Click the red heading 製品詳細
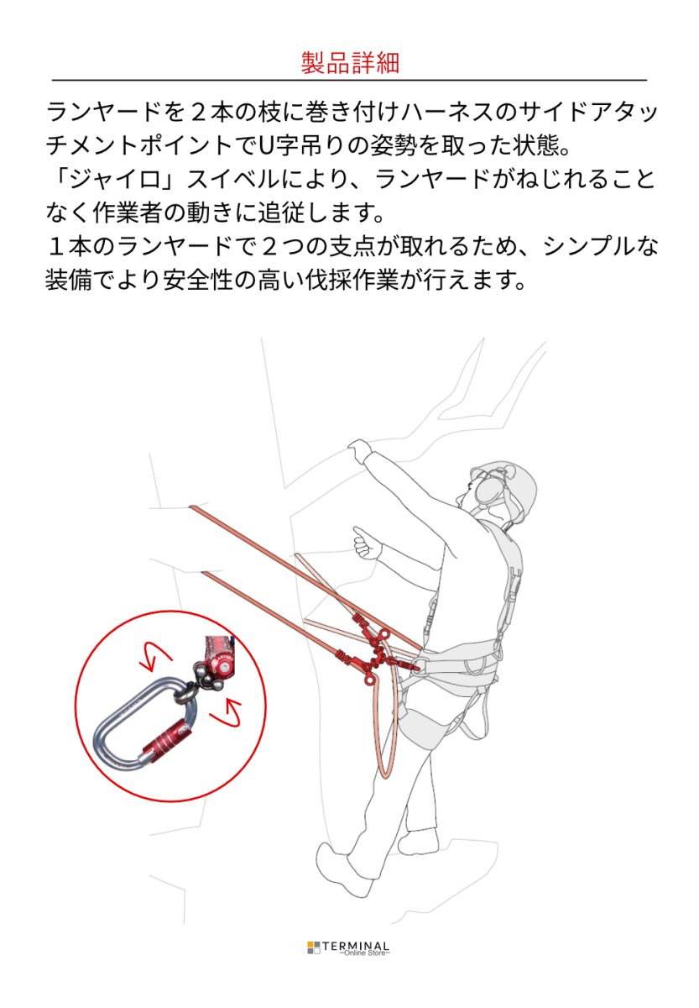(x=349, y=63)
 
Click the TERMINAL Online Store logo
(x=348, y=948)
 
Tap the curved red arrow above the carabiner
(x=156, y=656)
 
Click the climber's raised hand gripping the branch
(x=359, y=450)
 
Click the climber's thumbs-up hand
(x=365, y=544)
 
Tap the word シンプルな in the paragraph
(x=600, y=246)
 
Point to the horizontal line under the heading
(x=349, y=81)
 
